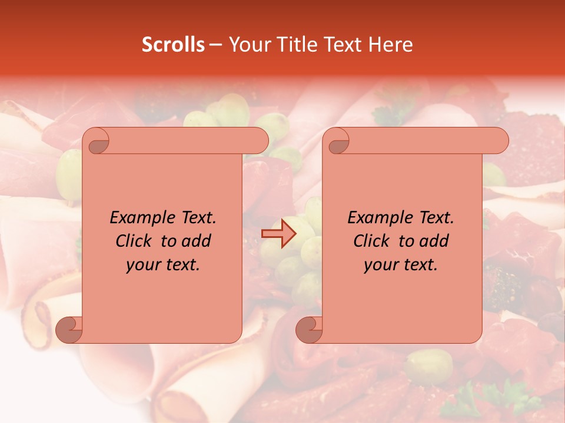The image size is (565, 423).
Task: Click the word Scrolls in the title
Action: (173, 45)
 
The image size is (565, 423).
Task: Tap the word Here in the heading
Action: (390, 45)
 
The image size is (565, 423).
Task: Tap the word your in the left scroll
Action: (142, 265)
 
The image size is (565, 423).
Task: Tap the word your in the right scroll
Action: (380, 265)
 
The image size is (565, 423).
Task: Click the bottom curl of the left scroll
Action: (69, 329)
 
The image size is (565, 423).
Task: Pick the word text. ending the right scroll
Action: (419, 265)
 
